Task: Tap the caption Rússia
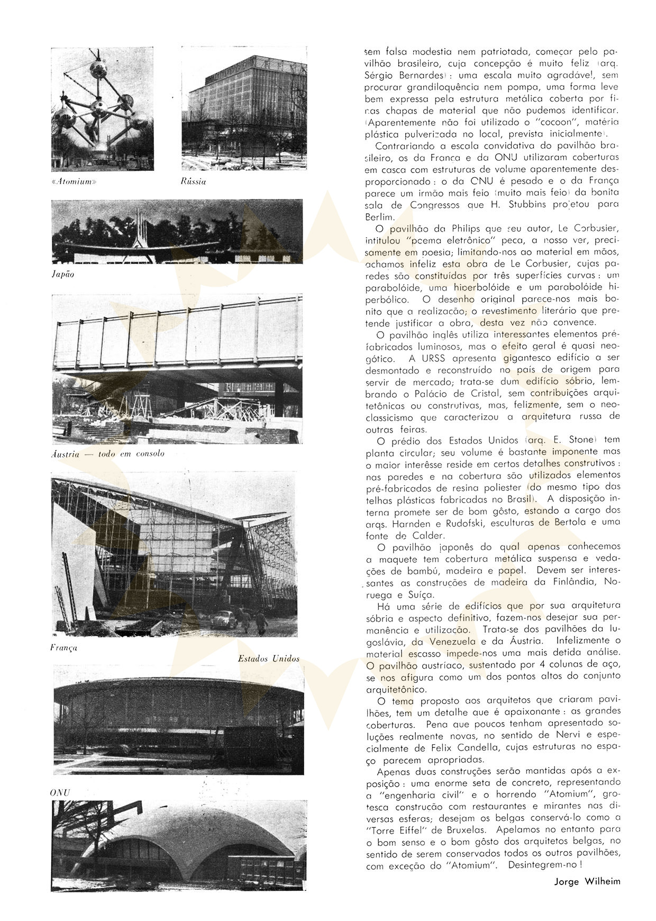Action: [193, 181]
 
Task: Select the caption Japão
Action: [63, 274]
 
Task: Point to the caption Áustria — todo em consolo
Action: [108, 453]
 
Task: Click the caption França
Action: [63, 647]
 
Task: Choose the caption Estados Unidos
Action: [269, 659]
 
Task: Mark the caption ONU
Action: [60, 792]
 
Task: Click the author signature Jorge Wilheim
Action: [587, 881]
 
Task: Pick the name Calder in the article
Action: [427, 535]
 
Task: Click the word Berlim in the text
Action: [379, 216]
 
